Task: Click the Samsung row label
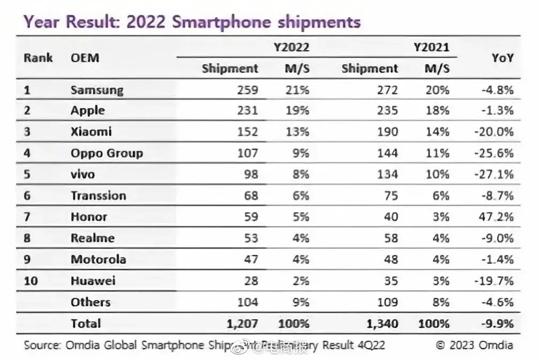coord(96,89)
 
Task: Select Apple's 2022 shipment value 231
coord(247,111)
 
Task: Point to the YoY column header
coord(502,57)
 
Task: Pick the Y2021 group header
coord(431,47)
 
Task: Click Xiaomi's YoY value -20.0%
coord(494,132)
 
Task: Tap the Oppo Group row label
coord(107,153)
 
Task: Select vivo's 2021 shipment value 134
coord(387,174)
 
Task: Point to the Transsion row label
coord(98,196)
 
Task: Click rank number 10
coord(31,281)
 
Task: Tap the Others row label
coord(91,302)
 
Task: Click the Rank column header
coord(38,57)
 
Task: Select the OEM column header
coord(85,57)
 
